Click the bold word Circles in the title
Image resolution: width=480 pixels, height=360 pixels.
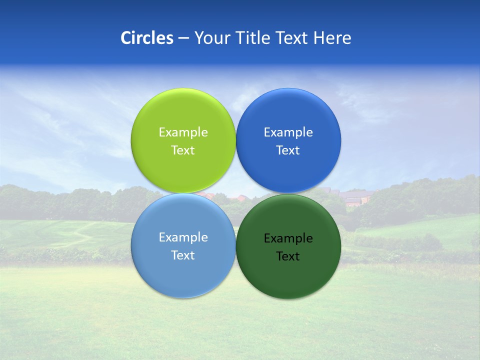click(x=147, y=38)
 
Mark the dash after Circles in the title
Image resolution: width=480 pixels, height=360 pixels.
click(x=183, y=38)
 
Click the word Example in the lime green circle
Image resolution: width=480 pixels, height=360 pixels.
click(x=183, y=132)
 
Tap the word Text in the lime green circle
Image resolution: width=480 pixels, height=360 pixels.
click(x=183, y=150)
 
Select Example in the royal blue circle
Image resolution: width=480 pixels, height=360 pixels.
click(x=288, y=132)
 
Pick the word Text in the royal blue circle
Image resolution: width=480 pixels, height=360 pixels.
click(x=288, y=150)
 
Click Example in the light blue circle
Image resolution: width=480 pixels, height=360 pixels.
click(x=183, y=237)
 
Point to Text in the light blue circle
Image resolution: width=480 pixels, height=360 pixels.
click(x=183, y=255)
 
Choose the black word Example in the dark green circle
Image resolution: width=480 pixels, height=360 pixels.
click(x=288, y=238)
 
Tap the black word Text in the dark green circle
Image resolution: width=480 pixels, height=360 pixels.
click(x=288, y=256)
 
